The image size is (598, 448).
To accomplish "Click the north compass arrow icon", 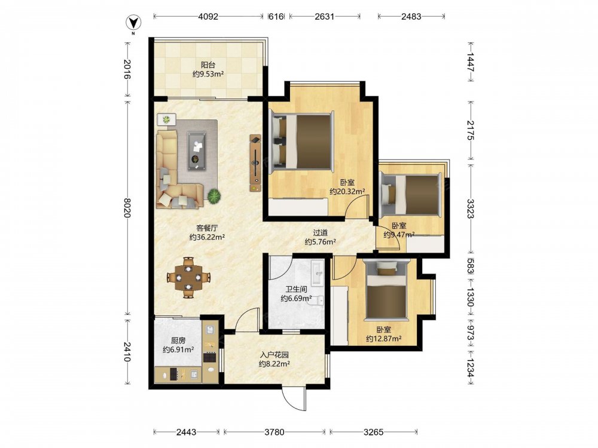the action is (133, 23).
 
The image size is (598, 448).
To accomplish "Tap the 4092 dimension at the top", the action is (208, 16).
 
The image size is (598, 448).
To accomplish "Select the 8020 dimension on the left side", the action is (127, 208).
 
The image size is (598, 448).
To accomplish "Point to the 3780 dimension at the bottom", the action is (274, 432).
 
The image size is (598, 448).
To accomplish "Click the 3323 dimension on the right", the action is (470, 208).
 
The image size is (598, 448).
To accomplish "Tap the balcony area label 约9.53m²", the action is (208, 74).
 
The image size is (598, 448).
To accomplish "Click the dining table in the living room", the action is (188, 277).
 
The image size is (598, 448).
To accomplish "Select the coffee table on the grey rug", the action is (196, 151).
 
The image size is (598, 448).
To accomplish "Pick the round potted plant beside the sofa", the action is (214, 196).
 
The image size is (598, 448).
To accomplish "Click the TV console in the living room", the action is (255, 162).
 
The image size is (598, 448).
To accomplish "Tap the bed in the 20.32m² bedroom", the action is (301, 142).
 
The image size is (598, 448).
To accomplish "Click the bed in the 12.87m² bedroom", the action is (386, 290).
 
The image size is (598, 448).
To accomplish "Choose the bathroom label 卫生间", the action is (296, 289).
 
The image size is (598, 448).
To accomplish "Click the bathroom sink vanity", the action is (318, 273).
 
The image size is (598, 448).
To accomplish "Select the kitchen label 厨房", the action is (178, 340).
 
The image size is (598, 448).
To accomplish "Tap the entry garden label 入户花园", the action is (274, 355).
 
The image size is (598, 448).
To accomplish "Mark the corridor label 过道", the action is (321, 232).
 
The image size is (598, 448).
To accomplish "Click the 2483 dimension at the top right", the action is (411, 16).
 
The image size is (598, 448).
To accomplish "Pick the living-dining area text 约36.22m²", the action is (207, 237).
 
